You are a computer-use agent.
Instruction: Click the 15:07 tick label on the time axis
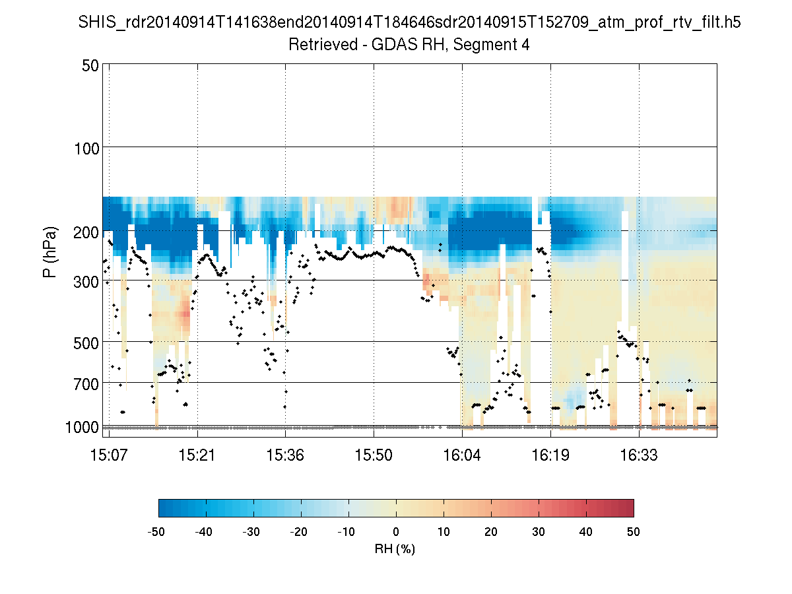[109, 455]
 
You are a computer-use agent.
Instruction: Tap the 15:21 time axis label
[197, 455]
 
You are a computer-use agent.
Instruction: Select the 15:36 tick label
[286, 455]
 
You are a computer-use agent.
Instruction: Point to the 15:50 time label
[374, 455]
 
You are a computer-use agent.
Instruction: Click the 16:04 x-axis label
[462, 455]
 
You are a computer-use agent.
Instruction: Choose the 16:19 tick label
[550, 455]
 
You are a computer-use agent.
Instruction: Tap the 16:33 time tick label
[639, 455]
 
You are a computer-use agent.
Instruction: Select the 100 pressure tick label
[86, 147]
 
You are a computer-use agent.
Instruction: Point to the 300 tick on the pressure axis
[86, 281]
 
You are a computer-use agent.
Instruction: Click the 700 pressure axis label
[86, 383]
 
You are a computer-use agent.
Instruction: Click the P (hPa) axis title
[50, 252]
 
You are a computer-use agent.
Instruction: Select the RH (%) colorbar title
[395, 548]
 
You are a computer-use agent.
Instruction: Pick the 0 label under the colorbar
[396, 531]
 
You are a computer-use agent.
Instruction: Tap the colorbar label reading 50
[634, 531]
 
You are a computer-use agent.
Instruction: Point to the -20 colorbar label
[301, 531]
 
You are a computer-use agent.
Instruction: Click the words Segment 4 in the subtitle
[496, 45]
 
